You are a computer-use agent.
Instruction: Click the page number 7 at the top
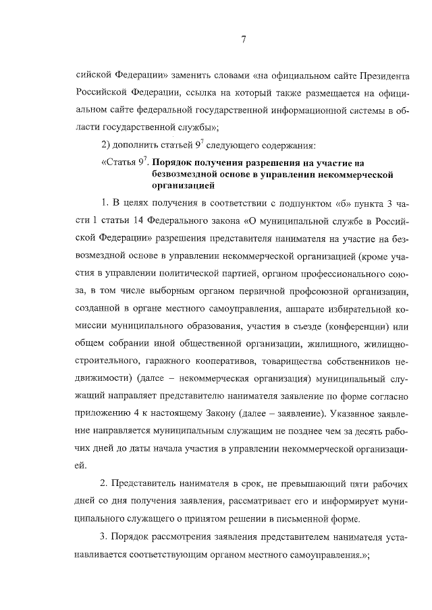pos(242,40)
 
